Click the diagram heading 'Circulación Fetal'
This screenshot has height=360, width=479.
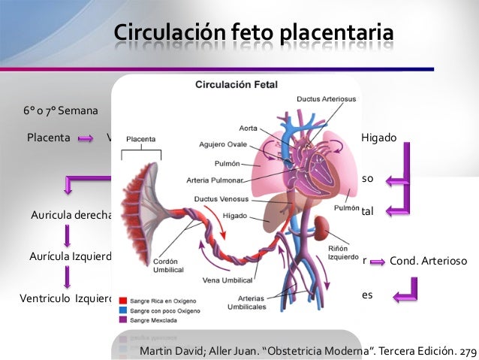[236, 85]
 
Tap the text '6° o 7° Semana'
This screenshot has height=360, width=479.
[60, 111]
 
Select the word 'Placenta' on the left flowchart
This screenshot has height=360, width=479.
[49, 138]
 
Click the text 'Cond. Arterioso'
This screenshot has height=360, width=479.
[429, 261]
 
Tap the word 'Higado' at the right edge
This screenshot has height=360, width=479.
[378, 138]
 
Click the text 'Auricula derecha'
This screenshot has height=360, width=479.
[71, 216]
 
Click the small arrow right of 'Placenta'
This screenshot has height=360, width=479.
[85, 138]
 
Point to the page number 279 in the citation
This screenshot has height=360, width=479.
[467, 351]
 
